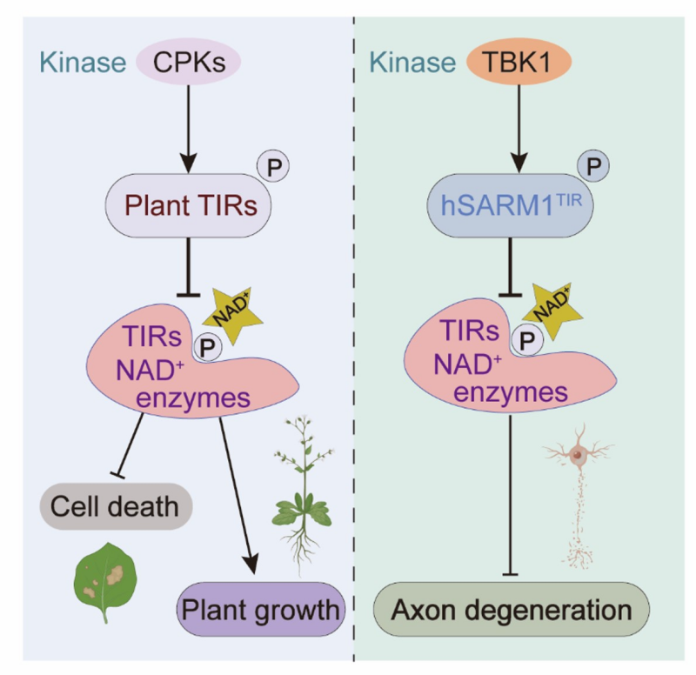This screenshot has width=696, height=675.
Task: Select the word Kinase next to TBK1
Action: pos(412,63)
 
